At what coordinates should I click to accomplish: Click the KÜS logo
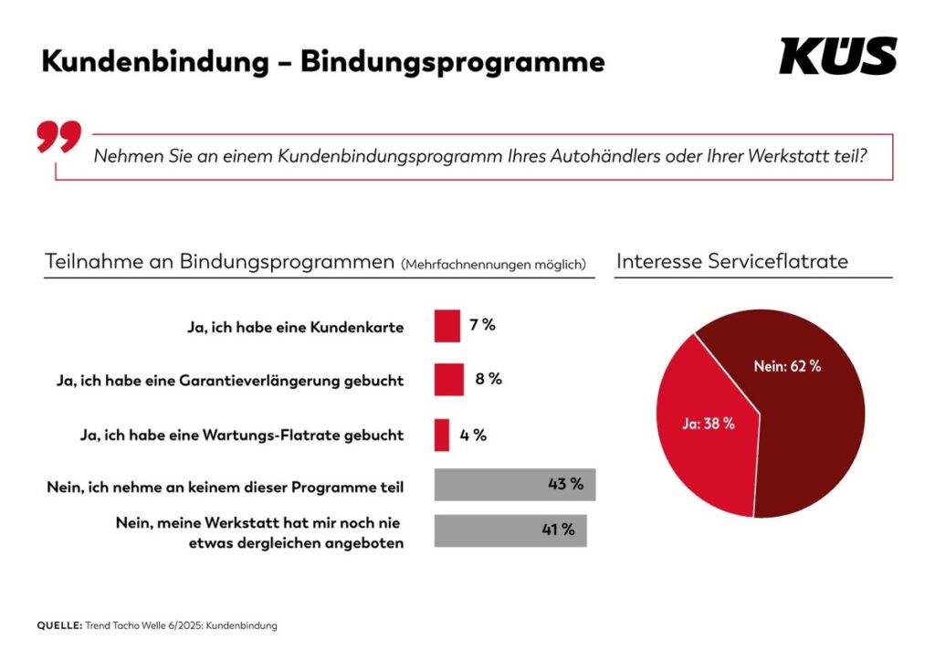click(x=837, y=56)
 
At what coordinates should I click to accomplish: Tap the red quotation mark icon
click(x=58, y=136)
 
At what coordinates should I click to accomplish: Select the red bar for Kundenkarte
click(x=446, y=326)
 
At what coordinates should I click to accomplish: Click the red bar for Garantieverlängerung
click(x=448, y=380)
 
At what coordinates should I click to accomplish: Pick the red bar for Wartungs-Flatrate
click(x=442, y=435)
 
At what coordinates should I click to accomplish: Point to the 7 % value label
click(x=482, y=325)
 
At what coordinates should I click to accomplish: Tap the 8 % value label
click(x=489, y=379)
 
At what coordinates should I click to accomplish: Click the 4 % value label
click(x=473, y=435)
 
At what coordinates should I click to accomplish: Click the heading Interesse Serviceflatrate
click(x=732, y=261)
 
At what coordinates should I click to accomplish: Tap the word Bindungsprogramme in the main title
click(x=452, y=61)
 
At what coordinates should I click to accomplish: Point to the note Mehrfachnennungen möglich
click(x=493, y=265)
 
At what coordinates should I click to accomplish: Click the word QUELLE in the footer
click(x=58, y=625)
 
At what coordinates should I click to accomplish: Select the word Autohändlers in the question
click(x=603, y=156)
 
